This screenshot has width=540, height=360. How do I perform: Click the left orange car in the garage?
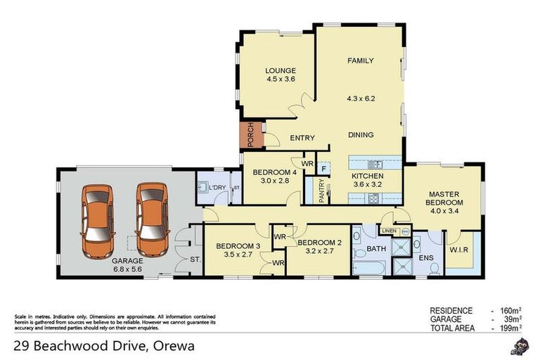tap(97, 220)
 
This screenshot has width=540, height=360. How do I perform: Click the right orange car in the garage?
tap(151, 219)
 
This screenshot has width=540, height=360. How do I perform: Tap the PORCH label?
tap(250, 136)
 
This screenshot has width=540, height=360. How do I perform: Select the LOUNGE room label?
tap(280, 71)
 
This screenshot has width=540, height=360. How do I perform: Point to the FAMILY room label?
tap(360, 61)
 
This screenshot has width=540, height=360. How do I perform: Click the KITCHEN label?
tap(367, 176)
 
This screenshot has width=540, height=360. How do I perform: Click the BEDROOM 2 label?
tap(319, 243)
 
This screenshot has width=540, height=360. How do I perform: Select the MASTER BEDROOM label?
tap(446, 198)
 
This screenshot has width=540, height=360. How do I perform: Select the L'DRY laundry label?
tap(217, 187)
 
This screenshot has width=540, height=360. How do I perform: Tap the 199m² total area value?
tap(508, 328)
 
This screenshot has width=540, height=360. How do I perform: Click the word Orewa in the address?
tap(170, 346)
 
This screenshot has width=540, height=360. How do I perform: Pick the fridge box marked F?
tap(323, 169)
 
